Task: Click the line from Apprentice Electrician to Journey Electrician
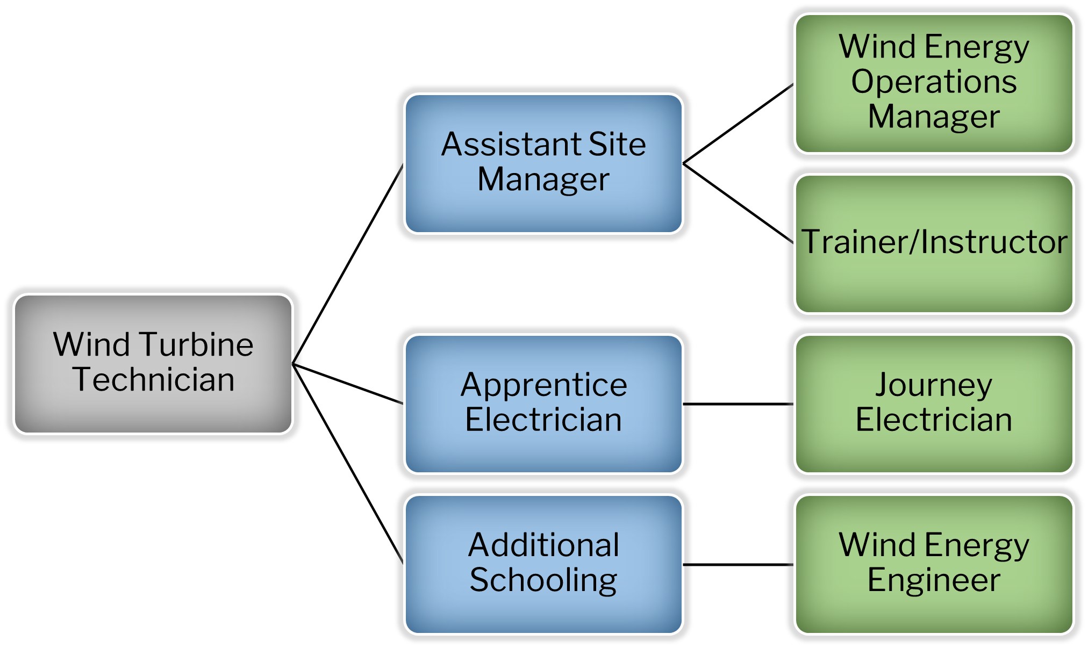[x=738, y=404]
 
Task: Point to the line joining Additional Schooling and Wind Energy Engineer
[x=738, y=564]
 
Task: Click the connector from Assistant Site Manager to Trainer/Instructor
[x=738, y=203]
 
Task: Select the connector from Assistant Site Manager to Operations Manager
[x=738, y=124]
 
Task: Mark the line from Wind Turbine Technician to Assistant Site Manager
[x=348, y=264]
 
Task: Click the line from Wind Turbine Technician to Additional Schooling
[x=348, y=464]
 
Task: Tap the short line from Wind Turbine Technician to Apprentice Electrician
[x=348, y=384]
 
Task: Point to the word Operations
[x=934, y=82]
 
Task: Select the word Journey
[x=934, y=385]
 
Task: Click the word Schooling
[x=543, y=580]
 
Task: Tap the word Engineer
[x=934, y=580]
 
